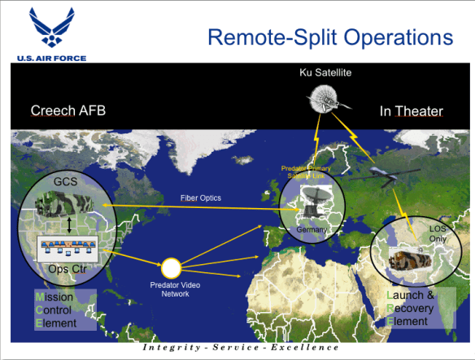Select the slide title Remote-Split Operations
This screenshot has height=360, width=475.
329,37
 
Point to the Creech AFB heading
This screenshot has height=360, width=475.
68,111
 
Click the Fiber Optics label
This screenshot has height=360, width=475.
200,197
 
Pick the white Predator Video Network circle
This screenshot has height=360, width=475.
171,267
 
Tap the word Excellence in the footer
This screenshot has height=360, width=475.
298,347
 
